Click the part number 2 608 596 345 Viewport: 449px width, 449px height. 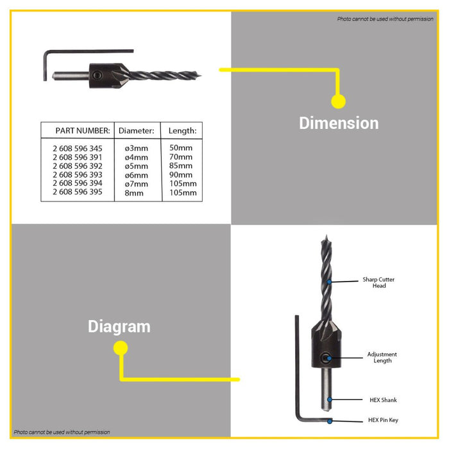click(78, 149)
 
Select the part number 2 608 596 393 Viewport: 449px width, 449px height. click(78, 174)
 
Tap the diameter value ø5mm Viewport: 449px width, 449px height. click(136, 166)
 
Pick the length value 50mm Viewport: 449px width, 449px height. click(181, 148)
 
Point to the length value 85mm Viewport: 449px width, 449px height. click(181, 165)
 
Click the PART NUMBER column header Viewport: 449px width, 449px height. click(83, 131)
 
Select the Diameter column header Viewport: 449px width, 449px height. click(136, 131)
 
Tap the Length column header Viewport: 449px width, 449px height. click(182, 131)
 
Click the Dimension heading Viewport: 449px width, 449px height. click(339, 123)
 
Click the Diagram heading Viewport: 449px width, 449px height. click(119, 326)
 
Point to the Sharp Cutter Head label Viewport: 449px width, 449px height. click(378, 282)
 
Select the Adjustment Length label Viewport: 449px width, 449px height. click(382, 357)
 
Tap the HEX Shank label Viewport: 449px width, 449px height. click(383, 400)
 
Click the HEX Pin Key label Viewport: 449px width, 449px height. click(383, 420)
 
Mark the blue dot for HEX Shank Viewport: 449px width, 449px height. click(330, 400)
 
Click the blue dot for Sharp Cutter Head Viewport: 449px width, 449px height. click(329, 282)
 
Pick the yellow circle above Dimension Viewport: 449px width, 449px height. click(339, 101)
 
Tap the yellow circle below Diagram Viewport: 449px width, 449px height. click(121, 348)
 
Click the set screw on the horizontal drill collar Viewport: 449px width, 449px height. click(97, 75)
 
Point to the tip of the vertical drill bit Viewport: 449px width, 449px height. click(326, 235)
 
